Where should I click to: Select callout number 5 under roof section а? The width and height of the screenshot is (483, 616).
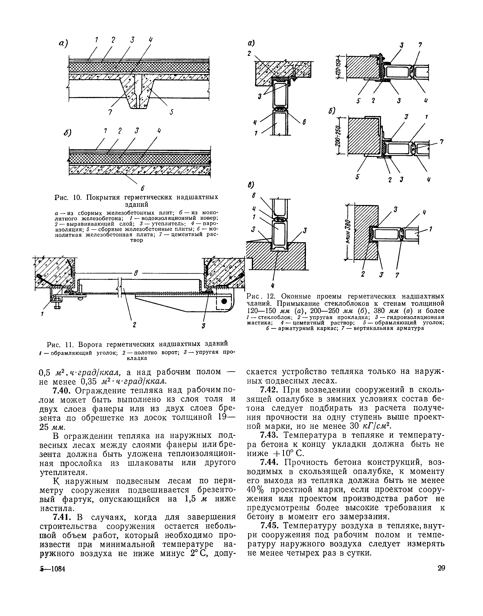coord(171,112)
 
